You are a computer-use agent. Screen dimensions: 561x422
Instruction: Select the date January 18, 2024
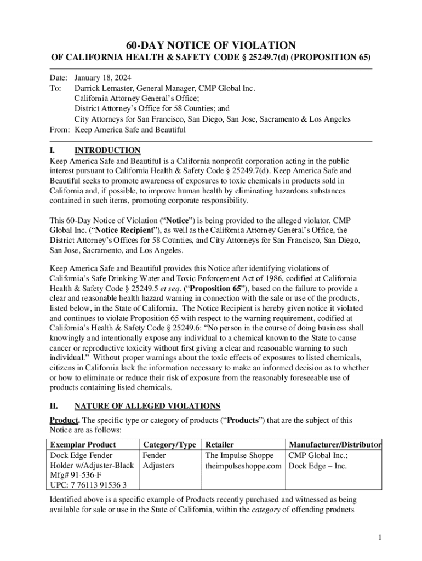[102, 78]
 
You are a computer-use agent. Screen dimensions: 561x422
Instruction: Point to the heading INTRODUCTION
[107, 151]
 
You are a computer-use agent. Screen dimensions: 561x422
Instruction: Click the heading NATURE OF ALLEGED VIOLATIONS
[147, 406]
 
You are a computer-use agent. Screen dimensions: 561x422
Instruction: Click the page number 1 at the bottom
[379, 537]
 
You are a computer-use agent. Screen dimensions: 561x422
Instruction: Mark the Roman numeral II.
[54, 406]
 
